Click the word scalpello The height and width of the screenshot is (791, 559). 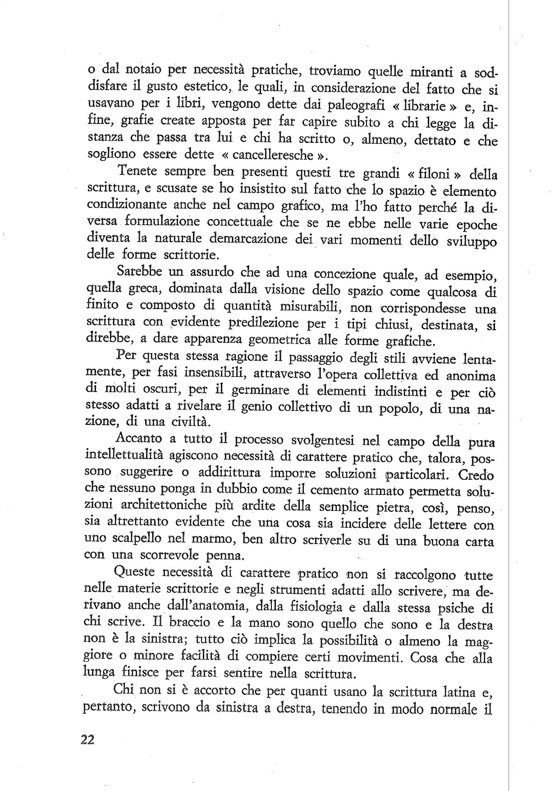[133, 538]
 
